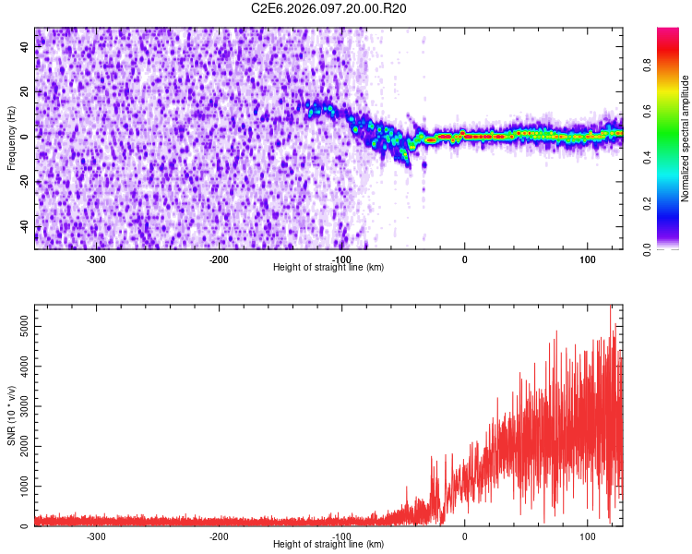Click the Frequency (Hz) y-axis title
tap(12, 138)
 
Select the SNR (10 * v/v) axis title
tap(12, 415)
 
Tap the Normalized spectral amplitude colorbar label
tap(686, 138)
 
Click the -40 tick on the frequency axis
tap(22, 226)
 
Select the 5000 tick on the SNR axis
tap(18, 326)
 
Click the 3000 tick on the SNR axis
tap(18, 406)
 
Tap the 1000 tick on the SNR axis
tap(18, 487)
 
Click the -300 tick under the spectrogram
tap(97, 259)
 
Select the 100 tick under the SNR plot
tap(587, 536)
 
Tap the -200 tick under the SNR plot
tap(219, 536)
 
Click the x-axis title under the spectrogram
tap(328, 268)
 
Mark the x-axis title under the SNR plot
tap(328, 545)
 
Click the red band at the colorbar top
tap(668, 33)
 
